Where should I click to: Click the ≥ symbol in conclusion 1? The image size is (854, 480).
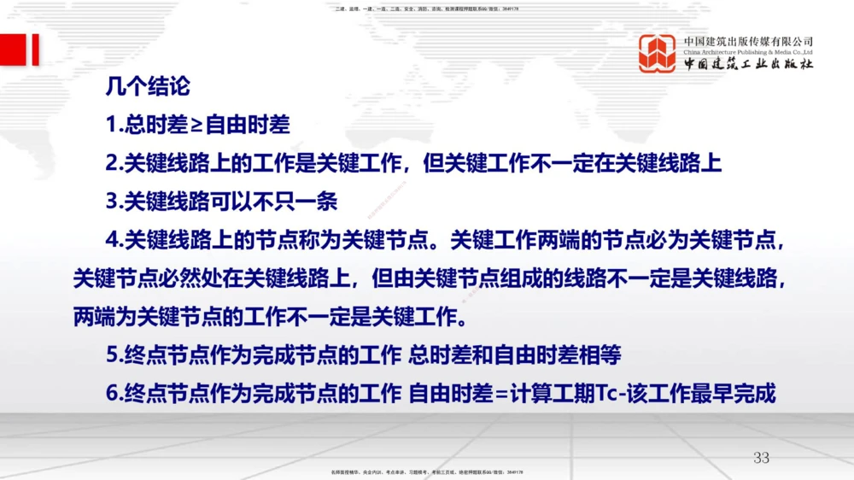[196, 126]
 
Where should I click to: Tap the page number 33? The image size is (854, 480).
[761, 458]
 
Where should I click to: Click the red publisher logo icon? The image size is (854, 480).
[658, 54]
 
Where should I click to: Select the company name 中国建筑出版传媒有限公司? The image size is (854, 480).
[748, 40]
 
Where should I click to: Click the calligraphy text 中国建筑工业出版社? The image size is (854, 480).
[748, 65]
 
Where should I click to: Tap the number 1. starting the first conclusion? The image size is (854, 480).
[114, 126]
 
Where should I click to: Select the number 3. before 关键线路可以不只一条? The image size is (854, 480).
[114, 202]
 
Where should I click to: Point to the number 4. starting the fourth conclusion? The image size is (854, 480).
[114, 241]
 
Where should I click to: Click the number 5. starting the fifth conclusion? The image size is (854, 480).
[114, 354]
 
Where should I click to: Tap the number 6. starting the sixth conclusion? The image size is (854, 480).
[114, 394]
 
